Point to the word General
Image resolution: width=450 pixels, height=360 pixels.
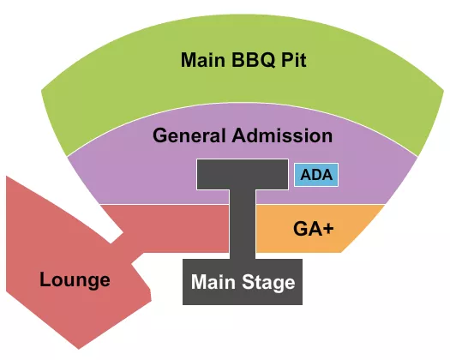pyautogui.click(x=190, y=135)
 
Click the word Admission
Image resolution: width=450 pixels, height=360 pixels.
pyautogui.click(x=281, y=135)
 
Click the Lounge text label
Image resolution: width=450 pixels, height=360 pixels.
pyautogui.click(x=75, y=279)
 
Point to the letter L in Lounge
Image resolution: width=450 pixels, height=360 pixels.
pyautogui.click(x=45, y=279)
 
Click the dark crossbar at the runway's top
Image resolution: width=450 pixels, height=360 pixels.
pyautogui.click(x=243, y=174)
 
